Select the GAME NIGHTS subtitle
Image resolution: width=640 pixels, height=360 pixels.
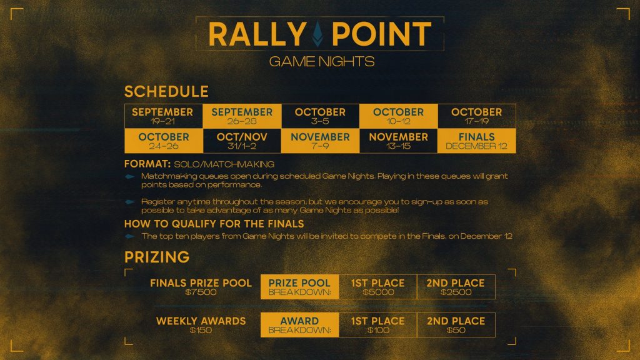click(321, 61)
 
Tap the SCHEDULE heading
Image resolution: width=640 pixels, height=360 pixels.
click(166, 92)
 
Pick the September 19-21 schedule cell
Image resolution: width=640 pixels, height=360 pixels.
click(163, 116)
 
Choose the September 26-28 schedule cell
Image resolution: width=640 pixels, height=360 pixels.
click(242, 116)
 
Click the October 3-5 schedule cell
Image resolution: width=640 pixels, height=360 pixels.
click(320, 116)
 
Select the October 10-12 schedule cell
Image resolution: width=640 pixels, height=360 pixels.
click(398, 116)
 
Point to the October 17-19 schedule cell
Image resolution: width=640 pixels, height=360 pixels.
click(476, 116)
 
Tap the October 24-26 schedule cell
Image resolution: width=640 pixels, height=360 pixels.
click(163, 141)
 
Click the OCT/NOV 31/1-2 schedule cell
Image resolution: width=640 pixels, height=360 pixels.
click(242, 141)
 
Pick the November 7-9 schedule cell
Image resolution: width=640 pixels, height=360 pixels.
click(320, 141)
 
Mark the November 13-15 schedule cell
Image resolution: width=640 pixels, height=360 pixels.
click(398, 141)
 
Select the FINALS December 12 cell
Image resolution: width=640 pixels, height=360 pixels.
click(476, 141)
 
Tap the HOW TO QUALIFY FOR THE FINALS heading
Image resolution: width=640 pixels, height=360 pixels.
click(214, 224)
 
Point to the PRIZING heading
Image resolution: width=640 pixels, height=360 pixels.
click(157, 257)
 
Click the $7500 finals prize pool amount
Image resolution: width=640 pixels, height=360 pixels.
click(201, 292)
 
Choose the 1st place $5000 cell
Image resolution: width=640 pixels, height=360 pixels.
click(377, 287)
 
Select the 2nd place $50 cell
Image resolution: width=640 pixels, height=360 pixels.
click(456, 324)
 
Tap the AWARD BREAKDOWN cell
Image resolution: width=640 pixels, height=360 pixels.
click(299, 324)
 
